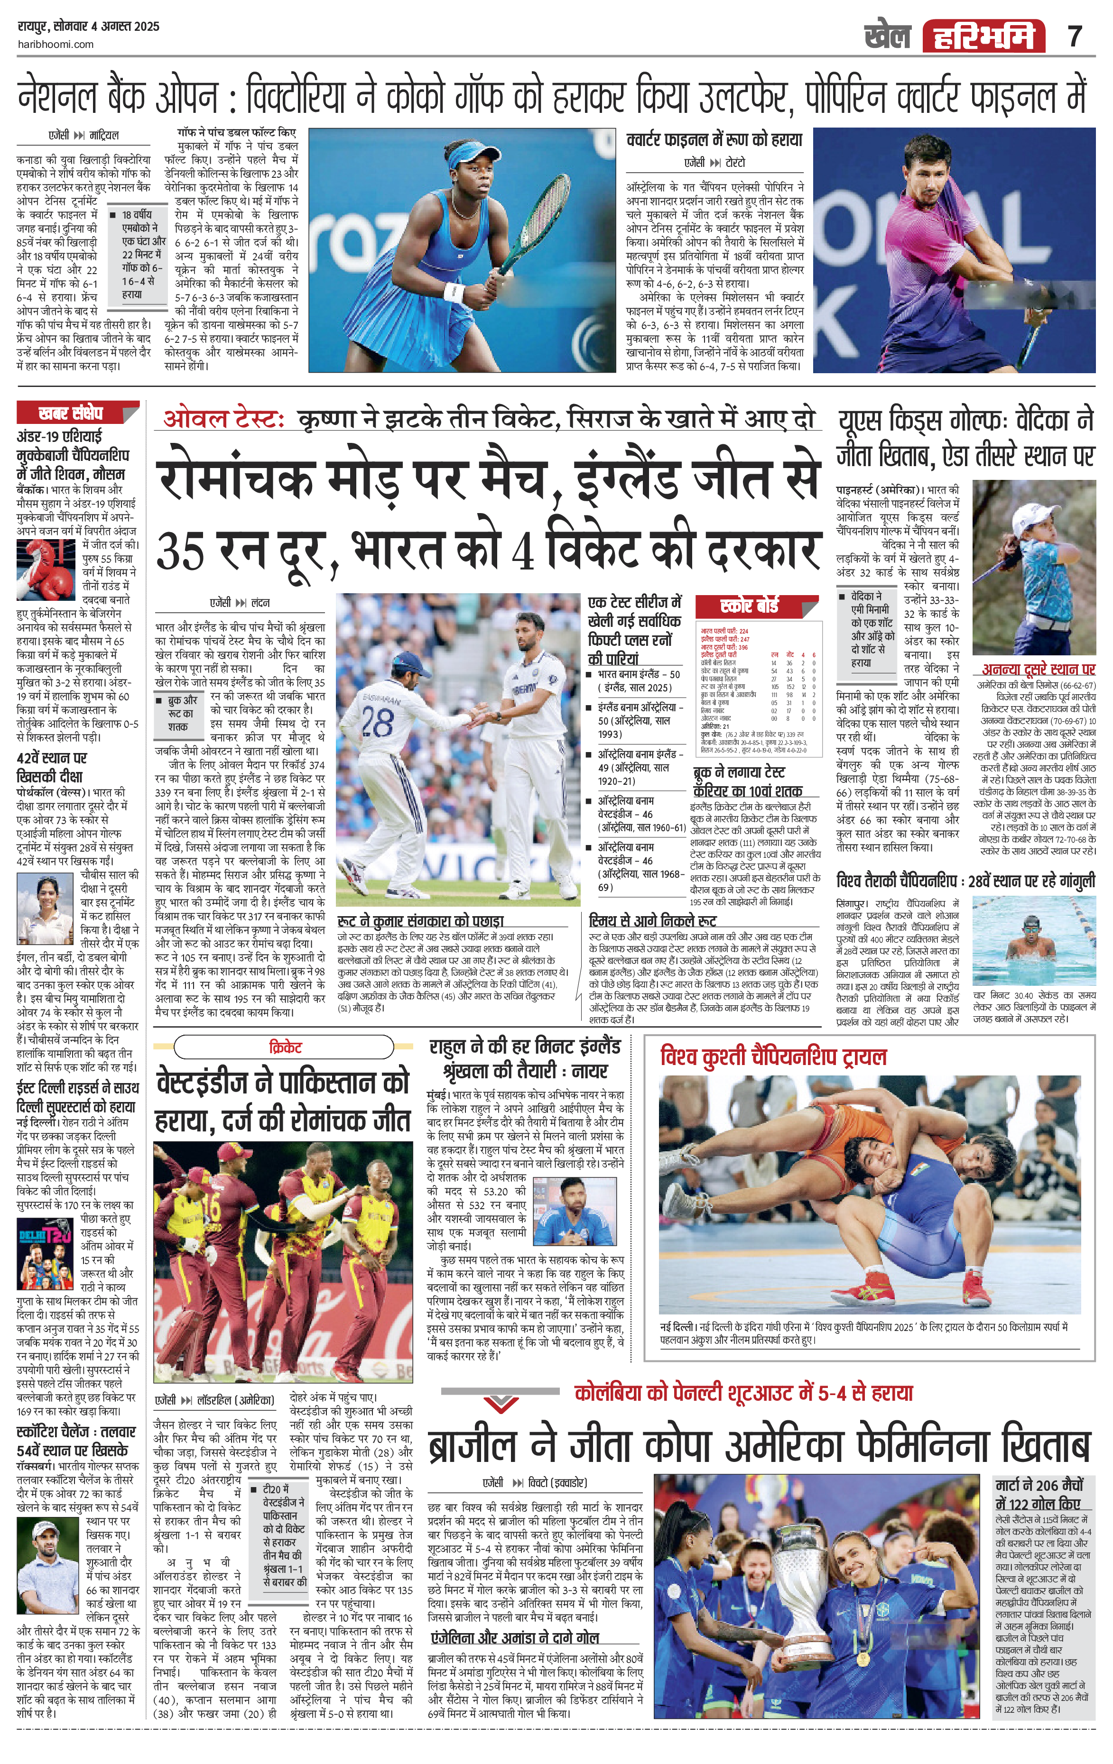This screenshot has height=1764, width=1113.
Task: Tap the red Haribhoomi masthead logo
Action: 983,37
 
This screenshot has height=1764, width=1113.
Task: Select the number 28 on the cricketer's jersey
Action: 377,722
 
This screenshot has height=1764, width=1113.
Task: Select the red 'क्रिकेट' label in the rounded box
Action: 285,1047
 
